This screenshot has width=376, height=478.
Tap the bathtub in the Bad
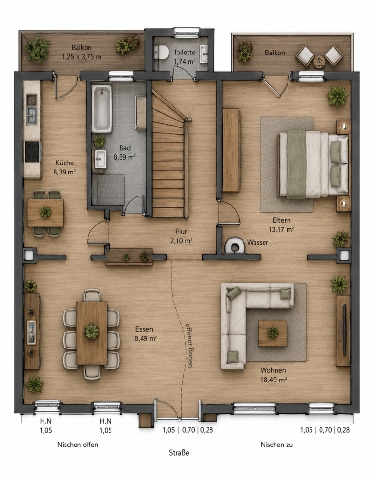pyautogui.click(x=102, y=109)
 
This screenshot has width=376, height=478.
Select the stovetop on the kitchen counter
pyautogui.click(x=33, y=152)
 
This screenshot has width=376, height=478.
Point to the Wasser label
pyautogui.click(x=257, y=243)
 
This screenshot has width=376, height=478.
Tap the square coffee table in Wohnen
pyautogui.click(x=273, y=333)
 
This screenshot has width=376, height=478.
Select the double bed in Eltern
pyautogui.click(x=313, y=164)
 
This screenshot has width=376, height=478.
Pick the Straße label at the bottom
pyautogui.click(x=179, y=452)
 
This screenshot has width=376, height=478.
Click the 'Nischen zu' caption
pyautogui.click(x=276, y=445)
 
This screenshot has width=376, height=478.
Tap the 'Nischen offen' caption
pyautogui.click(x=78, y=445)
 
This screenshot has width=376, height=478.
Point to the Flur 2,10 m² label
pyautogui.click(x=181, y=236)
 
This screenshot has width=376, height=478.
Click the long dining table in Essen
pyautogui.click(x=91, y=333)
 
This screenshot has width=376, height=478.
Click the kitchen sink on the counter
pyautogui.click(x=32, y=115)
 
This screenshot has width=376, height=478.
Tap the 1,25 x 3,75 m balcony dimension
pyautogui.click(x=81, y=57)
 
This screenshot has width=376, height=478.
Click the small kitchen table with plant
pyautogui.click(x=45, y=213)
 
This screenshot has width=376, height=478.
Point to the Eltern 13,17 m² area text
pyautogui.click(x=281, y=225)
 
